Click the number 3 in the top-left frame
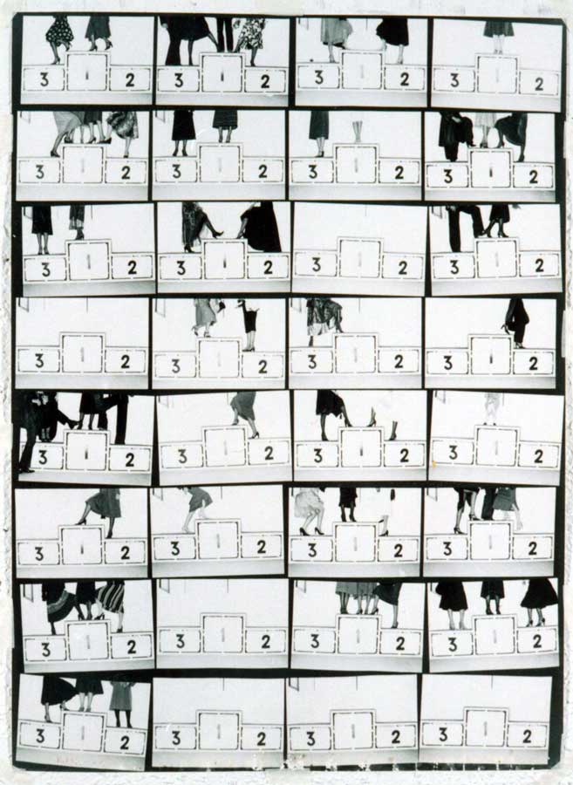(44, 79)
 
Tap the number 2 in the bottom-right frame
(527, 736)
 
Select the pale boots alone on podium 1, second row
(357, 132)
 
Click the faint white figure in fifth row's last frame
(493, 408)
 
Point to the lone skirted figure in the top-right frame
(499, 36)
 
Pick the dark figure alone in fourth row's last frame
(516, 323)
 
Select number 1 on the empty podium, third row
(359, 259)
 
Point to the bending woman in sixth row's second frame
(195, 509)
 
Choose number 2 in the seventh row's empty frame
(266, 641)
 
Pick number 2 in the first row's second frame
(265, 82)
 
